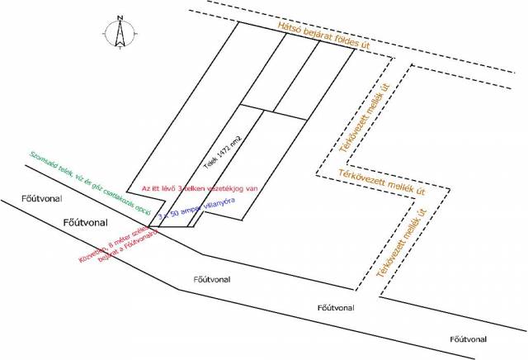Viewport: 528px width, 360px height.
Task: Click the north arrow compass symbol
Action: (120, 34)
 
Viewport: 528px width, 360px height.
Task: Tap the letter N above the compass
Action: (120, 17)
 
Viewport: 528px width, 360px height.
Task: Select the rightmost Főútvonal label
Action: (469, 339)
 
